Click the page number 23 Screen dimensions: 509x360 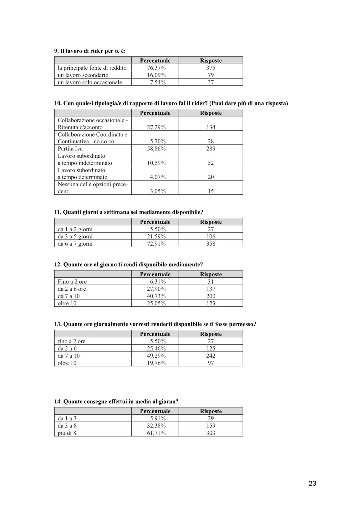312,483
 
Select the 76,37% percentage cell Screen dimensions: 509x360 156,68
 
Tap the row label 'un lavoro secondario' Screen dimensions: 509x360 83,75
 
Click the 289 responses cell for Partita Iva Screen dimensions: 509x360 211,149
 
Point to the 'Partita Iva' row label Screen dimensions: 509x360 70,149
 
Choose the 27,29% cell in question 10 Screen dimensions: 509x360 156,127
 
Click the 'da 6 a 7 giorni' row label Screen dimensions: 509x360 75,244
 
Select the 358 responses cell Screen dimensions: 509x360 211,244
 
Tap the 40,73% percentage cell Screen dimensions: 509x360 156,296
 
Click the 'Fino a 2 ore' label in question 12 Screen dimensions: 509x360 72,282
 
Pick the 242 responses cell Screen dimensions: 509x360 211,356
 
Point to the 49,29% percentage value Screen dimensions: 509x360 156,356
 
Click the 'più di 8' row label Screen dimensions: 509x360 67,433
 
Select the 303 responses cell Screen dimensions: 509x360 211,433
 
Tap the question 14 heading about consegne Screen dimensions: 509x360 116,402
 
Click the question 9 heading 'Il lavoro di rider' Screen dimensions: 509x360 90,51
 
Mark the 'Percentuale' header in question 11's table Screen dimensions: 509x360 155,222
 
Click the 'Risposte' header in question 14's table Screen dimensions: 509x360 211,411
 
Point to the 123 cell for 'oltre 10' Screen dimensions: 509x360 211,303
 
